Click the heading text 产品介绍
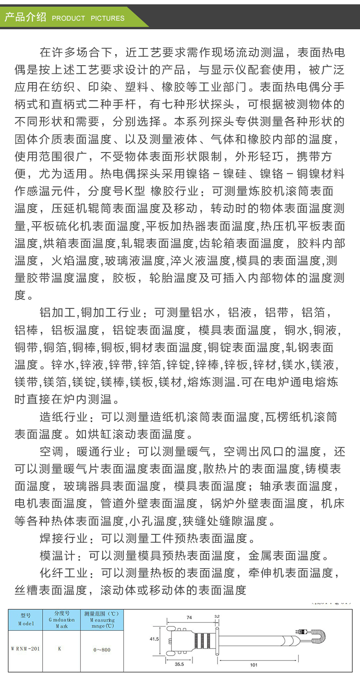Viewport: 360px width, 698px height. (25, 18)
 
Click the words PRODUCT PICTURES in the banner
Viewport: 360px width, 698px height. (88, 18)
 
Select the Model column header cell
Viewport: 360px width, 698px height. (25, 620)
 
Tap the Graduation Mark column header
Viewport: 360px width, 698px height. (61, 620)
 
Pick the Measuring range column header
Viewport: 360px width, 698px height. (101, 620)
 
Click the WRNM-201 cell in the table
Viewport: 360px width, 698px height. (25, 649)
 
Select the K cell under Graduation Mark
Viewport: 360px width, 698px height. (60, 649)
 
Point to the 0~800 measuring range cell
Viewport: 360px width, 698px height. (102, 650)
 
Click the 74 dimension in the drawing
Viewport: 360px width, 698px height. (189, 618)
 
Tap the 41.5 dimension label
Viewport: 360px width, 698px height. (154, 639)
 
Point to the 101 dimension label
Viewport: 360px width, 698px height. (254, 665)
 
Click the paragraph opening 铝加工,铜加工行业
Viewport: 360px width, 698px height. (91, 313)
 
